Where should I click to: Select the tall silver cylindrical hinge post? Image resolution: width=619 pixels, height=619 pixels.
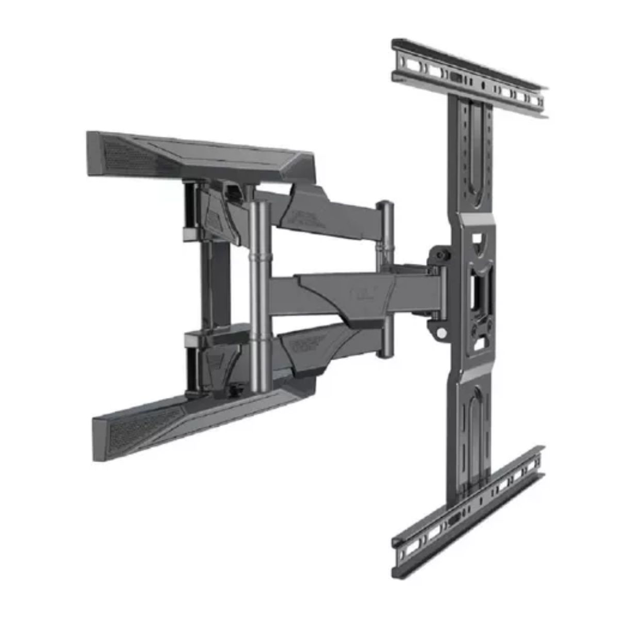[x=258, y=289]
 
